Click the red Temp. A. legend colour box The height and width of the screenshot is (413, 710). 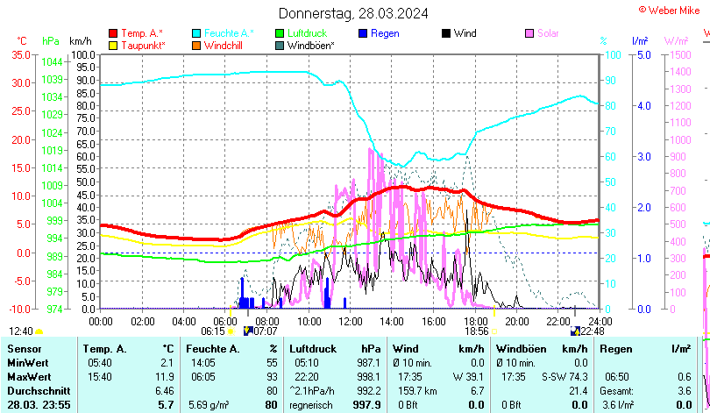click(x=113, y=33)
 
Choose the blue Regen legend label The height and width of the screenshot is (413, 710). click(x=385, y=33)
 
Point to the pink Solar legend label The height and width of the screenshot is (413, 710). click(x=548, y=33)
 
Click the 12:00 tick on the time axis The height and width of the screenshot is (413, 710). click(x=350, y=320)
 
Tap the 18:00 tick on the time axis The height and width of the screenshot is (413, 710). click(x=475, y=320)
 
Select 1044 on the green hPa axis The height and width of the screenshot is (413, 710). click(x=52, y=61)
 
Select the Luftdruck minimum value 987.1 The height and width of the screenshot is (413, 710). click(x=368, y=362)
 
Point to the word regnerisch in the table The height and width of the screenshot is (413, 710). click(x=314, y=404)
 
